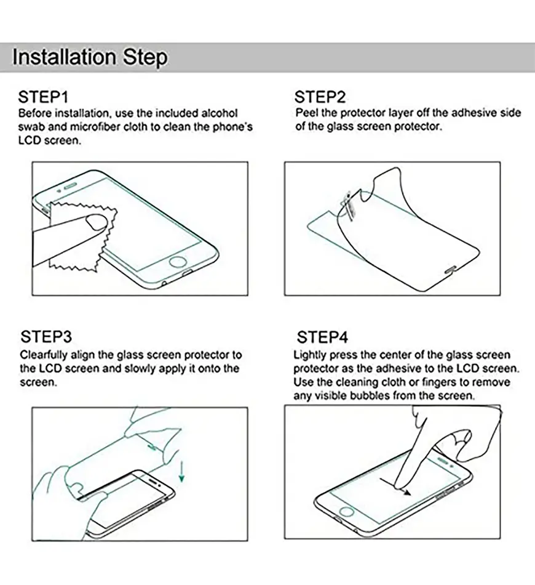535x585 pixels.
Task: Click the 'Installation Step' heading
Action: (x=90, y=57)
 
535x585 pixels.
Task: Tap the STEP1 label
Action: (x=43, y=97)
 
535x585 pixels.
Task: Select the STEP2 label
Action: (x=320, y=97)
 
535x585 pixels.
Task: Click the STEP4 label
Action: (x=323, y=337)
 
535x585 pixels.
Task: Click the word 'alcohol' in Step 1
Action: (x=219, y=113)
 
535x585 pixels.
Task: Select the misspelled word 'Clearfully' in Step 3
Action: (x=43, y=355)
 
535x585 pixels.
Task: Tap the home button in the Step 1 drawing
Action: (x=177, y=261)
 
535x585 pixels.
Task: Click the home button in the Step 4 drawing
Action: (x=346, y=512)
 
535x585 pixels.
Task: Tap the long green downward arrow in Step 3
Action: (x=182, y=471)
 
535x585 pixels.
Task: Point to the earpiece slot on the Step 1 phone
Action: (x=71, y=186)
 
